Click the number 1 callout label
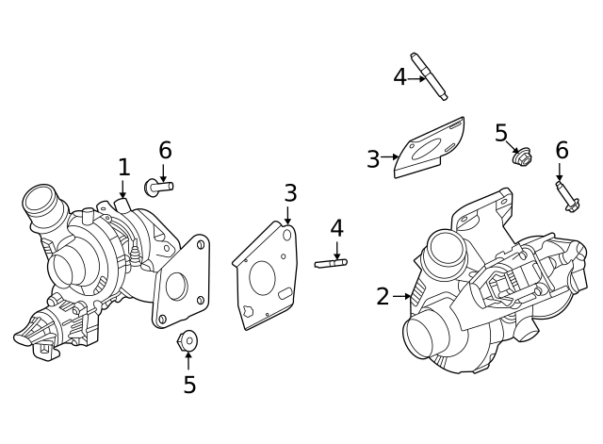click(x=123, y=168)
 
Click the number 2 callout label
click(x=383, y=297)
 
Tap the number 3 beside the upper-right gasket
click(x=373, y=159)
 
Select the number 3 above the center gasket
click(x=290, y=193)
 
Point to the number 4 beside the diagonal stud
click(x=399, y=77)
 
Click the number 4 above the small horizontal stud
click(x=336, y=228)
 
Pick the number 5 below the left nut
click(x=189, y=385)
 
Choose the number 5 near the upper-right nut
click(x=501, y=133)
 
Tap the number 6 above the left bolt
click(x=165, y=151)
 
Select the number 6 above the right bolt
click(x=562, y=151)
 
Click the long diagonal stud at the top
click(x=429, y=76)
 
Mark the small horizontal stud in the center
click(x=331, y=263)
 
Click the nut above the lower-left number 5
click(x=187, y=339)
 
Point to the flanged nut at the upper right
click(x=520, y=157)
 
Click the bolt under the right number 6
click(x=566, y=196)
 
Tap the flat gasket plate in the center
click(x=267, y=276)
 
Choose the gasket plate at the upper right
click(x=430, y=148)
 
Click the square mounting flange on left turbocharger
click(x=180, y=283)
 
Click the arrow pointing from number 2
click(x=402, y=297)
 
